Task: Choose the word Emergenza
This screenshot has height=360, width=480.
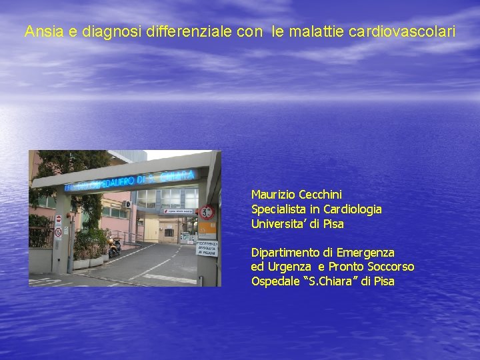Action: tap(365, 253)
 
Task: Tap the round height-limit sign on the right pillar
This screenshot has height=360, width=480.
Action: tap(207, 213)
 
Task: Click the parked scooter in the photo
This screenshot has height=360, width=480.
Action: tap(115, 247)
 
